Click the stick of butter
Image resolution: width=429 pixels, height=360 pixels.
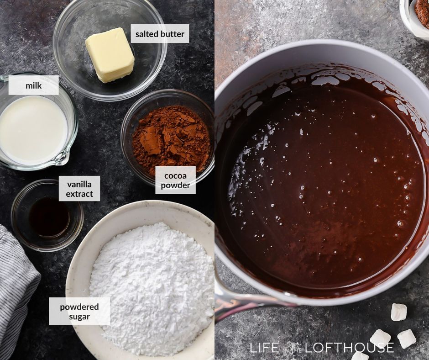(110, 55)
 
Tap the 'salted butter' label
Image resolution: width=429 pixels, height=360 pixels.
(160, 34)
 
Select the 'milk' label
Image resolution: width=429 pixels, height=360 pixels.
(33, 85)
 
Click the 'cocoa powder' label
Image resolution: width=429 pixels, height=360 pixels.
(175, 180)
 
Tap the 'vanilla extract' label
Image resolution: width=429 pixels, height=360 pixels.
(79, 189)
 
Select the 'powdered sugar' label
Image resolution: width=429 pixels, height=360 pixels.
(79, 311)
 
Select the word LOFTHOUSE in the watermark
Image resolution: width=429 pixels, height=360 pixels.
(349, 347)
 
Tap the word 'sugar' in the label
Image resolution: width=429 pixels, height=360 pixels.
(79, 316)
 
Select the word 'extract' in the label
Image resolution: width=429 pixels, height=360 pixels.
(79, 194)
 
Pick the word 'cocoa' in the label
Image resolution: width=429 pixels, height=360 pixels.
(176, 175)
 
